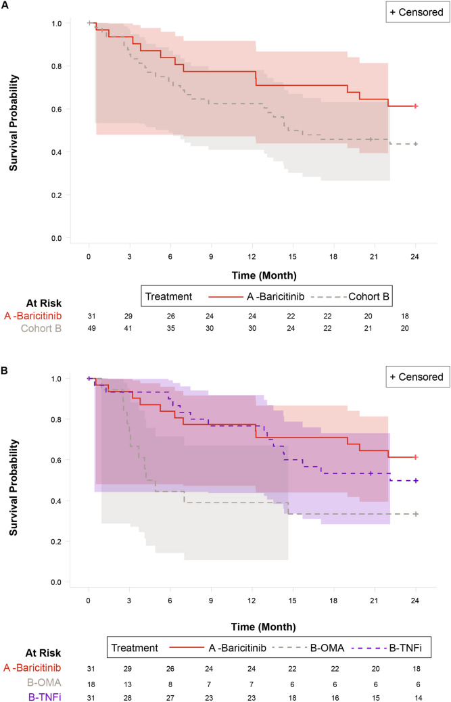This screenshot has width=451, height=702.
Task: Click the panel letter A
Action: (x=5, y=6)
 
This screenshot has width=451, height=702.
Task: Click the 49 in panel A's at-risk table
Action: (x=89, y=328)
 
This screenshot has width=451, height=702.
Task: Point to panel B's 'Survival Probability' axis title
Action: (x=14, y=473)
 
